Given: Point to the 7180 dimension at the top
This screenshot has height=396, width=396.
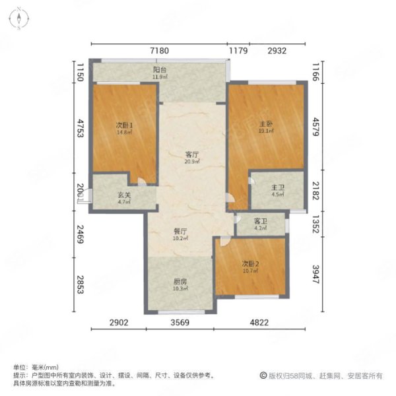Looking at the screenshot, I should coord(160,51).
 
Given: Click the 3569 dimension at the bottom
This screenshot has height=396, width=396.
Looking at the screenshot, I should coord(180,323).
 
